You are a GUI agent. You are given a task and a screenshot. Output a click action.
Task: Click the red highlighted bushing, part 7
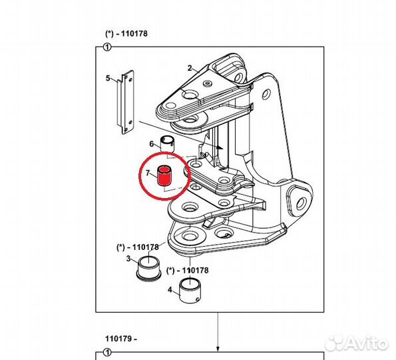coord(164,175)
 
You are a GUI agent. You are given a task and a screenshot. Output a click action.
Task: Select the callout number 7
coord(148,173)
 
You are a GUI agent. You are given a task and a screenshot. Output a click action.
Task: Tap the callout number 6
coord(152,144)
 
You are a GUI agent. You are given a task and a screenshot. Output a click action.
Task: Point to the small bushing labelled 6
coord(167,144)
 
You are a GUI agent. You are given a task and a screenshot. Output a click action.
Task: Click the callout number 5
coord(108,78)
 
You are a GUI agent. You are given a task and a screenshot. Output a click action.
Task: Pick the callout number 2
coord(190,68)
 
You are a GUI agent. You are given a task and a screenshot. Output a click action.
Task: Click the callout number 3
coord(128,259)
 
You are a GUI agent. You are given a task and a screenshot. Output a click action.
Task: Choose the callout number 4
coord(170,290)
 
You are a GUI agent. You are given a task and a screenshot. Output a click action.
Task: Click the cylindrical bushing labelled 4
coord(190,290)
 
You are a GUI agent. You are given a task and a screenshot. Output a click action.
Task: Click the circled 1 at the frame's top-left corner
coord(107,47)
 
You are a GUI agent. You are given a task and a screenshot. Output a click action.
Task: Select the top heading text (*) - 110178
coord(126,33)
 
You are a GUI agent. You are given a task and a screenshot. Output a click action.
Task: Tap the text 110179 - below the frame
coord(121,338)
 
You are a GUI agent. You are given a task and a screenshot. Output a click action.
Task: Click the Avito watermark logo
coord(357,343)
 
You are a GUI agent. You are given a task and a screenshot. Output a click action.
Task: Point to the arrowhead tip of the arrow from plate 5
coord(223,149)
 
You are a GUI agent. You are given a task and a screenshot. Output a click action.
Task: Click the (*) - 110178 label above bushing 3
coord(138,247)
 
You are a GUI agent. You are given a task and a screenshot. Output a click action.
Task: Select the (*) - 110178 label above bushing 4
coord(188,271)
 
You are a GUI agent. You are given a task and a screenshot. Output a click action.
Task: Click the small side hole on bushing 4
coord(198,299)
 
